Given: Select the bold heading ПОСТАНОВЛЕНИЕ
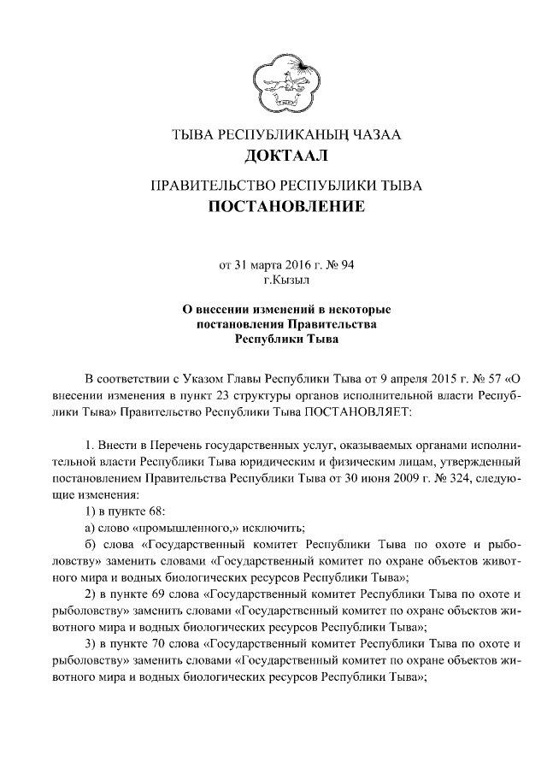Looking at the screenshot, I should click(x=286, y=206).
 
